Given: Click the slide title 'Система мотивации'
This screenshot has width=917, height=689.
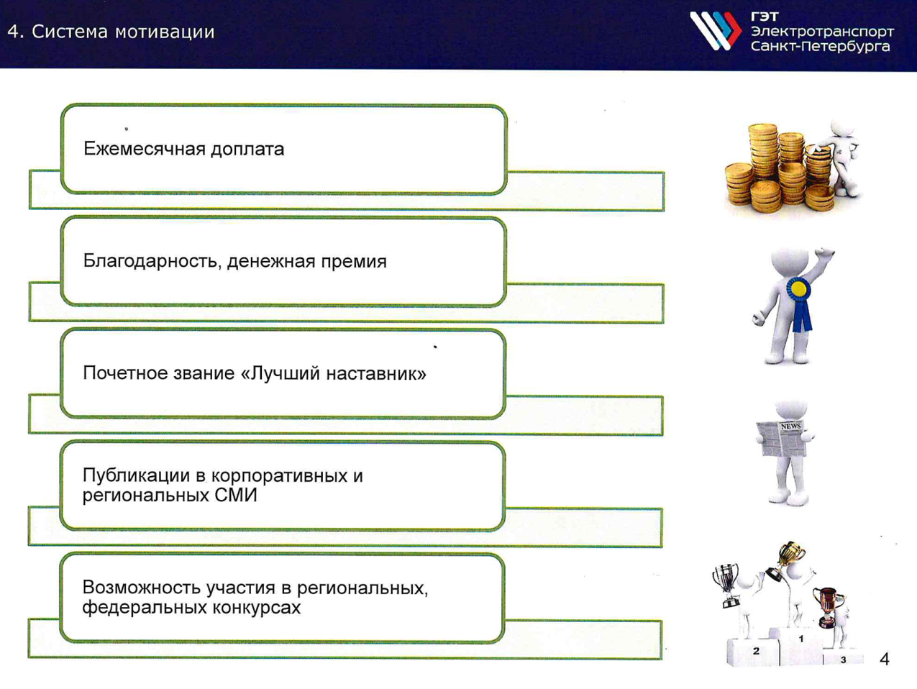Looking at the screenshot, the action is click(x=123, y=32).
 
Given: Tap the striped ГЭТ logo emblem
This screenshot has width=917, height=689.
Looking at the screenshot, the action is click(x=716, y=31).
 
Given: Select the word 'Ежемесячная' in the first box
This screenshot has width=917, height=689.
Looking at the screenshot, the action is click(x=144, y=149).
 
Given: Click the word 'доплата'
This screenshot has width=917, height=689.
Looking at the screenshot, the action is click(x=247, y=150).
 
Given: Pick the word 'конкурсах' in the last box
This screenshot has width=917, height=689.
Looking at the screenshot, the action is click(x=256, y=608).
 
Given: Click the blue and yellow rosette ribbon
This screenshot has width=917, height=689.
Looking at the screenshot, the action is click(x=799, y=301).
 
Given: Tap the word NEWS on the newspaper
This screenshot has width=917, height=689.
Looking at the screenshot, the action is click(x=791, y=426).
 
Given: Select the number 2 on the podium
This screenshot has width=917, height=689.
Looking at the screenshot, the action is click(x=756, y=651).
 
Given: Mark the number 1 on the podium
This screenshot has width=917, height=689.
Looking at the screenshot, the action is click(x=801, y=639).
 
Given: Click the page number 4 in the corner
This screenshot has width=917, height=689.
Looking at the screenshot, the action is click(x=884, y=660).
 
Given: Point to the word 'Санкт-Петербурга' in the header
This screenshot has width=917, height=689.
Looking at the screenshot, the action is click(x=820, y=46).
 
